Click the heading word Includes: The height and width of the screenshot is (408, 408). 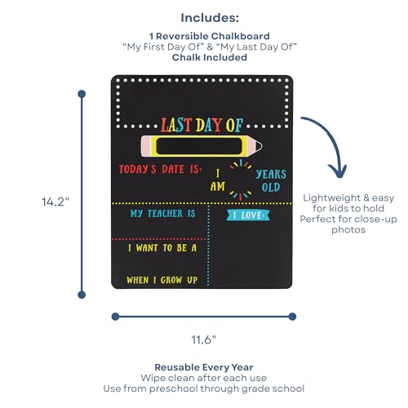point(210,18)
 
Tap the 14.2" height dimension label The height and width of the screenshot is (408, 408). point(55,202)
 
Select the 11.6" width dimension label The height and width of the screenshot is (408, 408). point(204,339)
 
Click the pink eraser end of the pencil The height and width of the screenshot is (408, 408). point(145,146)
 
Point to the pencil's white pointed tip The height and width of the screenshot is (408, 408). point(259,146)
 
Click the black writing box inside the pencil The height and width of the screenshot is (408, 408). point(199,146)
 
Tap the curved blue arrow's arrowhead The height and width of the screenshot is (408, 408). point(338,171)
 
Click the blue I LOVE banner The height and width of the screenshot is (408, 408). point(248,215)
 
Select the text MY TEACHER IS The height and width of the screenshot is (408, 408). point(162,214)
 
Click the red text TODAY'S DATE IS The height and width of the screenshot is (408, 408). point(160,169)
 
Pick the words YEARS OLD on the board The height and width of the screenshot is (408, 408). point(271,181)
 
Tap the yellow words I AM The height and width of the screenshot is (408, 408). point(218,180)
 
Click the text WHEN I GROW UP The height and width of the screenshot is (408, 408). point(162,280)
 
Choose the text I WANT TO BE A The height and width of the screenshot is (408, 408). point(162,248)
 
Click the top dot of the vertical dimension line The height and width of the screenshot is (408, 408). point(82,94)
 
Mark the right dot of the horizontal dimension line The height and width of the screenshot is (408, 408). point(292,317)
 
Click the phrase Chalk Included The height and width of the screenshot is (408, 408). point(210,57)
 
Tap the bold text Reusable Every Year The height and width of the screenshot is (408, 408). point(204,367)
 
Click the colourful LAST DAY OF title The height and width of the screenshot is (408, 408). point(202,125)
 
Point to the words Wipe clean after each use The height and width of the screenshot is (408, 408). point(204,378)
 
